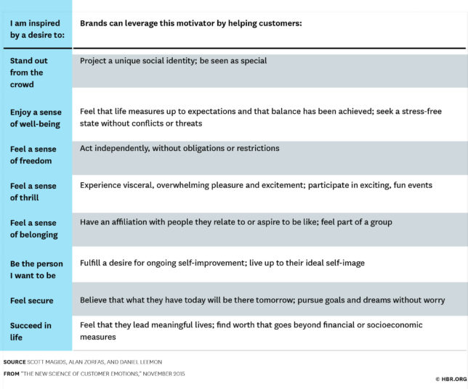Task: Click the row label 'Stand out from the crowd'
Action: coord(28,73)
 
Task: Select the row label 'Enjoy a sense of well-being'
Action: coord(36,118)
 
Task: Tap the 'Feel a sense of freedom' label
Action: coord(33,155)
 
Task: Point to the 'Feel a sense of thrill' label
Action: coord(33,192)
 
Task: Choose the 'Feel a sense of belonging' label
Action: coord(34,229)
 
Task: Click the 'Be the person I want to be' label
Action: coord(36,269)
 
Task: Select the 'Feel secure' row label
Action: coord(32,300)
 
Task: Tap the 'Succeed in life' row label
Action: coord(31,331)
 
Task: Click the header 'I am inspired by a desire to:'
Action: coord(37,29)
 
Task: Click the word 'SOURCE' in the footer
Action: coord(15,362)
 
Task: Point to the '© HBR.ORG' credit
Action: coord(451,379)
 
